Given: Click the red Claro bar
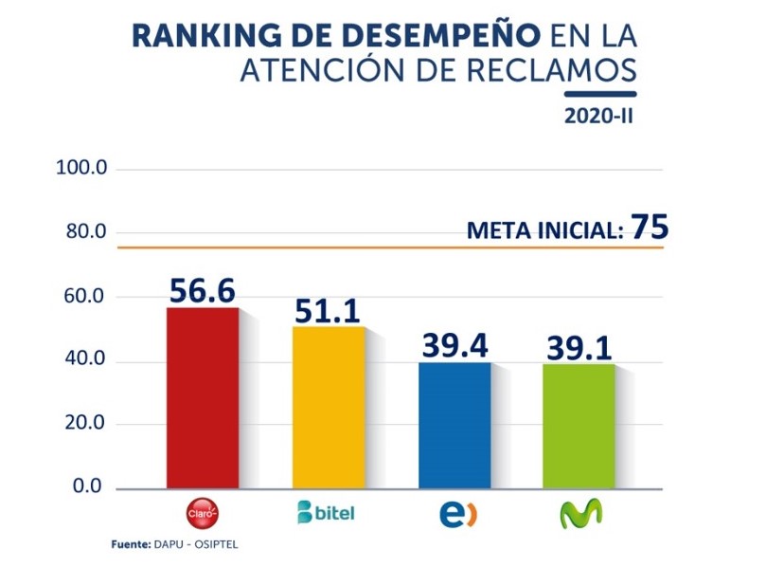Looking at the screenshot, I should point(203,398).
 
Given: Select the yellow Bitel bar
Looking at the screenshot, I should point(329,408).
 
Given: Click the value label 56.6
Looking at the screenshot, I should point(202,291).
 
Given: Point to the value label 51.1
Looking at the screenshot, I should point(328,309).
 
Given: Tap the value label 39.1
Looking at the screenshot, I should point(579,348).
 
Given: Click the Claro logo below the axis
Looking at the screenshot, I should point(203,513).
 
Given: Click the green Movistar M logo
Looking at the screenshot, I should point(580,513).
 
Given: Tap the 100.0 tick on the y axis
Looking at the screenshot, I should point(84,169).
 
